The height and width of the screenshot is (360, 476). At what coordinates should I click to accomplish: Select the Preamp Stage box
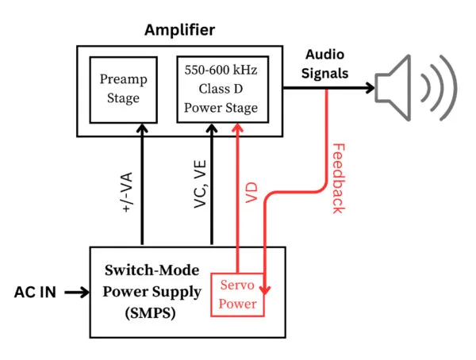coord(120,89)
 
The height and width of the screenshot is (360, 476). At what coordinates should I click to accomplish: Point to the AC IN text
coord(35,292)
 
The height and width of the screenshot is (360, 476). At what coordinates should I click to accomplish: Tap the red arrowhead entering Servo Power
coord(264,289)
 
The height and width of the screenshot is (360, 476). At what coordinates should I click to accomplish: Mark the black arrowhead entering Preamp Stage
coord(142,128)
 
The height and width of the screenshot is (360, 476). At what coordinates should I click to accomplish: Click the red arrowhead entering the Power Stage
coord(237,128)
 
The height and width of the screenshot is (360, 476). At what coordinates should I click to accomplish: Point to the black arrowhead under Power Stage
coord(211,128)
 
